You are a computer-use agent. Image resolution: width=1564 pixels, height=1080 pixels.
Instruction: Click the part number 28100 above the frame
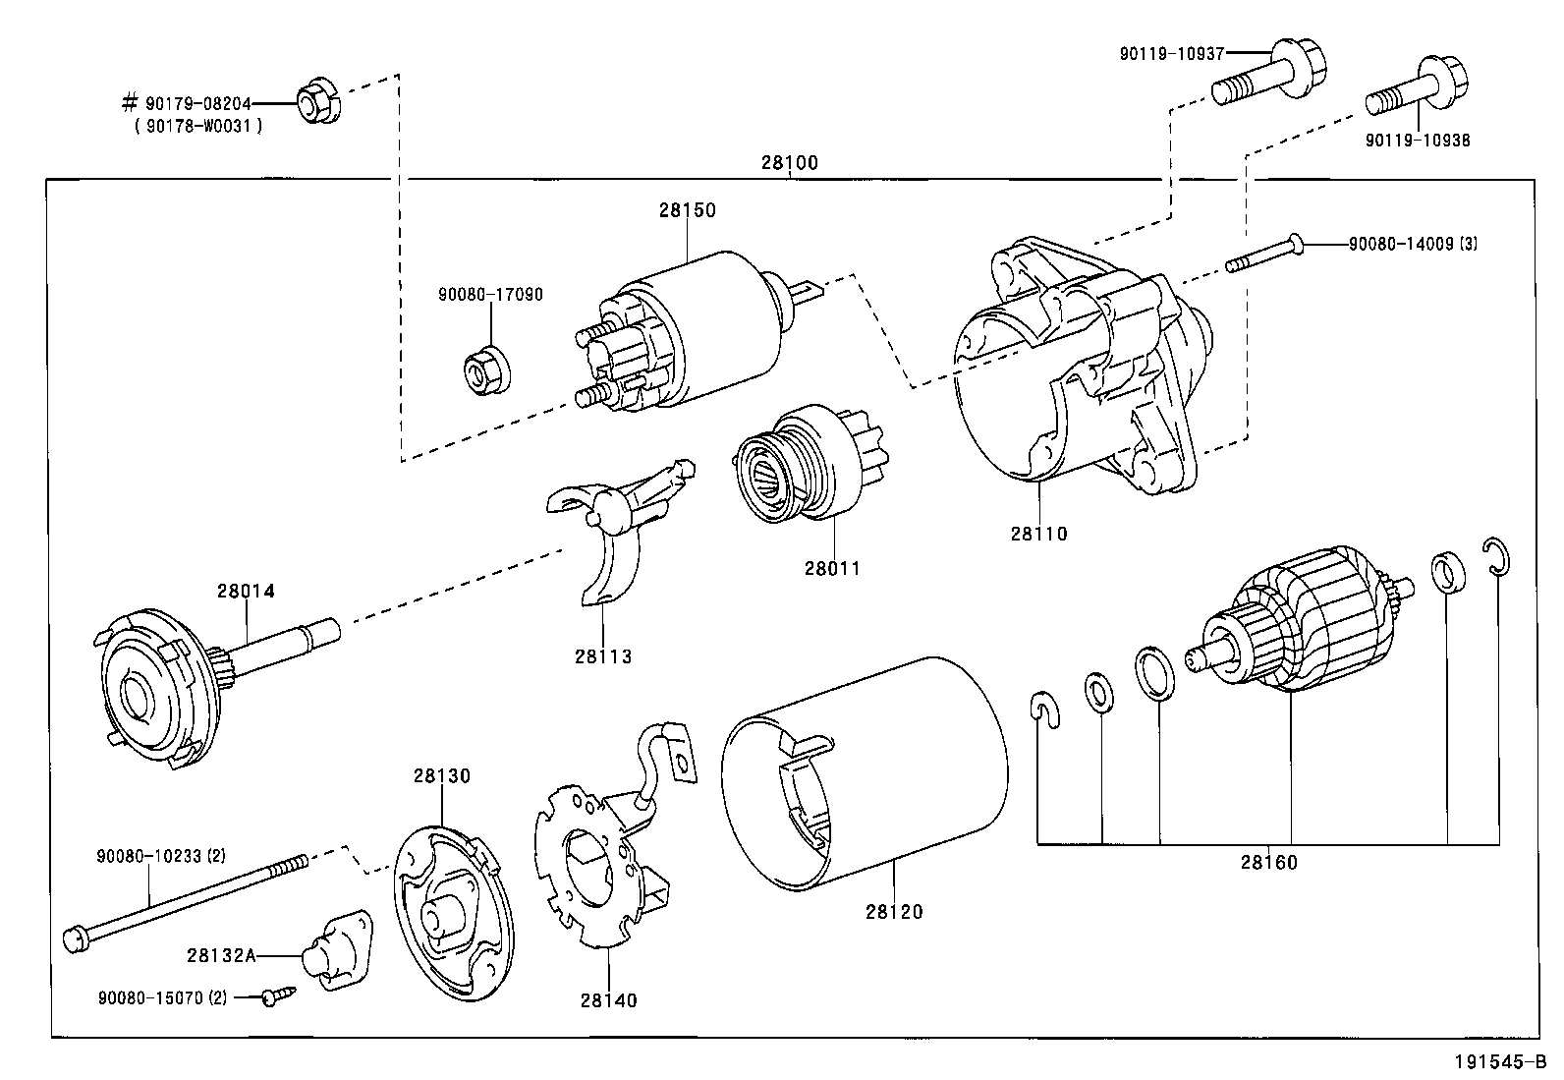[x=789, y=163]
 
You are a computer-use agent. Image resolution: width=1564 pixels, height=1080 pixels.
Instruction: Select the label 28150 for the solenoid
[x=688, y=210]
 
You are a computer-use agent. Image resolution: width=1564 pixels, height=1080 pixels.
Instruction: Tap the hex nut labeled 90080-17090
[x=487, y=370]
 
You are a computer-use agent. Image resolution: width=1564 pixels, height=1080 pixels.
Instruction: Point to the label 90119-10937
[x=1172, y=54]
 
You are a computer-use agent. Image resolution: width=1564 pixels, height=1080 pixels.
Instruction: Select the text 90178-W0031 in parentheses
[x=199, y=127]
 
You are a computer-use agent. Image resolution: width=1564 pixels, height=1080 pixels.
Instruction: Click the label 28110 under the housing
[x=1039, y=534]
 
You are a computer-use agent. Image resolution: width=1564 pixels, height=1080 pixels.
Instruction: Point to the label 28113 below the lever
[x=603, y=656]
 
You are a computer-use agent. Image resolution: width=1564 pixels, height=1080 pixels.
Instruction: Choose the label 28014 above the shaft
[x=246, y=591]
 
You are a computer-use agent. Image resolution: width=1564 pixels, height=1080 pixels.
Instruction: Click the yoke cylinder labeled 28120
[x=866, y=774]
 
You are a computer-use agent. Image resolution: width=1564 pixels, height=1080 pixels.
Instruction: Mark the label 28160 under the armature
[x=1269, y=863]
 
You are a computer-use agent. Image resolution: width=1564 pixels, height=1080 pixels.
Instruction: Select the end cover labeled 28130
[x=453, y=913]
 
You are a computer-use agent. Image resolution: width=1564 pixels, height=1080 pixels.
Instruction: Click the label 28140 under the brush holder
[x=609, y=1001]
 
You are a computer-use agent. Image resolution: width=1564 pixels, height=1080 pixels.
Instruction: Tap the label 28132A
[x=221, y=955]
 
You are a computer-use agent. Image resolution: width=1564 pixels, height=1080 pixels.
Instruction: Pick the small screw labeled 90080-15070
[x=279, y=995]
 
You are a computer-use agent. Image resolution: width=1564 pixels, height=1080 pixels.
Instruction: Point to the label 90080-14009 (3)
[x=1413, y=244]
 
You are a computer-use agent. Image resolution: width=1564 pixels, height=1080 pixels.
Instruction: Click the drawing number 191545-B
[x=1500, y=1062]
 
